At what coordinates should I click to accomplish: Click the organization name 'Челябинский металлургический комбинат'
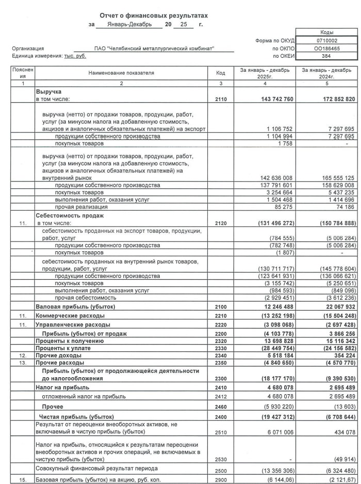coord(154,49)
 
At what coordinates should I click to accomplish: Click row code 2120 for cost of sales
coord(220,223)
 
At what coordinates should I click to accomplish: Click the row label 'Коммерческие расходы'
coord(70,315)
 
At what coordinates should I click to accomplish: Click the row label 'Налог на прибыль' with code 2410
coord(62,387)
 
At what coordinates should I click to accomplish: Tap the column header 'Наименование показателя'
coord(121,73)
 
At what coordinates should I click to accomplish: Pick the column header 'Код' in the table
coord(220,73)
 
